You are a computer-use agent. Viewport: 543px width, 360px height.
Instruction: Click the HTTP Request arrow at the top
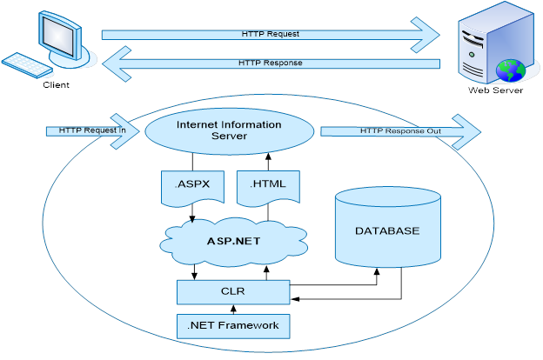click(x=270, y=34)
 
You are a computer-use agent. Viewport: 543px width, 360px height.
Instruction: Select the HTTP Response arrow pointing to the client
click(x=270, y=63)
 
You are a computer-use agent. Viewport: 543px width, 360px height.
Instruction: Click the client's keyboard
click(x=26, y=67)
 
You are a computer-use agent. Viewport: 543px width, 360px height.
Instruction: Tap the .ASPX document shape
click(x=189, y=185)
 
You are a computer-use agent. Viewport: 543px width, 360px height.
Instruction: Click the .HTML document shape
click(x=267, y=185)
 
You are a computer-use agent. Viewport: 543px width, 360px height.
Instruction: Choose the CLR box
click(x=233, y=292)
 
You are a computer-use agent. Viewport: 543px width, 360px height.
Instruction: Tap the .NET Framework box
click(x=232, y=325)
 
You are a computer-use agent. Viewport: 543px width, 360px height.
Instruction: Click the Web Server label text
click(x=497, y=89)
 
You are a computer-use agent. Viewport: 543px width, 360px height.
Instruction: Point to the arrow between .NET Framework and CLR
click(x=233, y=309)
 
